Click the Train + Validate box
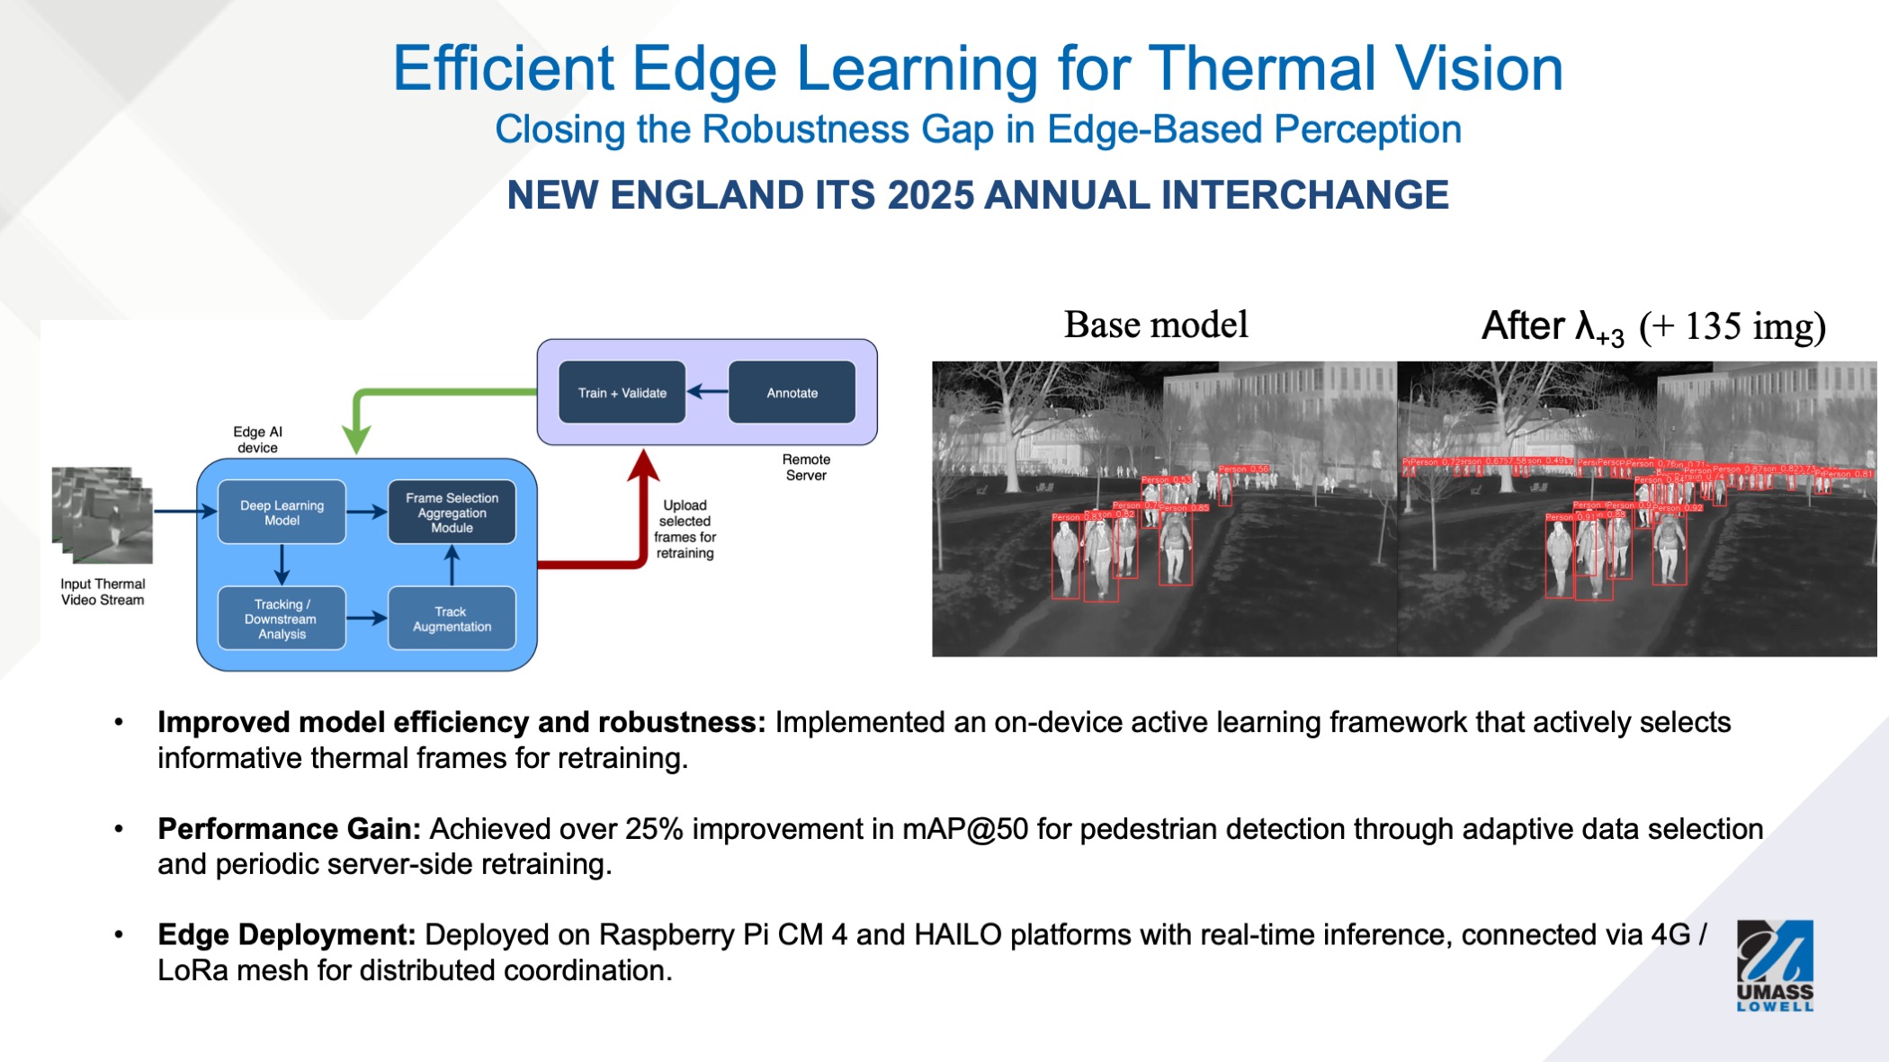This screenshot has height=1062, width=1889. pyautogui.click(x=622, y=392)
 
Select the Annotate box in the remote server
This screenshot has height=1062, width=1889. pyautogui.click(x=792, y=392)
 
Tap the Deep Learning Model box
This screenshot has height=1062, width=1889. pyautogui.click(x=282, y=513)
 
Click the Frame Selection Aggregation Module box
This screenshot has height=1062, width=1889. pyautogui.click(x=452, y=513)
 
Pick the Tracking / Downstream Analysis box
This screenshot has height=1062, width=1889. pyautogui.click(x=282, y=619)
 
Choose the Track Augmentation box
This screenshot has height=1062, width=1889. pyautogui.click(x=452, y=619)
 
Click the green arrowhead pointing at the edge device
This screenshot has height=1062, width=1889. pyautogui.click(x=357, y=441)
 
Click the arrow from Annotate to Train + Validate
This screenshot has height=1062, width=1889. pyautogui.click(x=707, y=392)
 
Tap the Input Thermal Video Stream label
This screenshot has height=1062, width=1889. pyautogui.click(x=103, y=592)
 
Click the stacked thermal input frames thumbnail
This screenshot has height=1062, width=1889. pyautogui.click(x=103, y=513)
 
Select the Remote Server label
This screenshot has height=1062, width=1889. pyautogui.click(x=806, y=467)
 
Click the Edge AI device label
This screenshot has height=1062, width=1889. pyautogui.click(x=257, y=440)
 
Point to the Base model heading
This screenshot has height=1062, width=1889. pyautogui.click(x=1156, y=325)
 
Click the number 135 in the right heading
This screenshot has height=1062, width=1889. pyautogui.click(x=1714, y=326)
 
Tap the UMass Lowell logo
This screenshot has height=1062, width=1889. pyautogui.click(x=1774, y=965)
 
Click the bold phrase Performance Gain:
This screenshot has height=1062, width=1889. pyautogui.click(x=289, y=828)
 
